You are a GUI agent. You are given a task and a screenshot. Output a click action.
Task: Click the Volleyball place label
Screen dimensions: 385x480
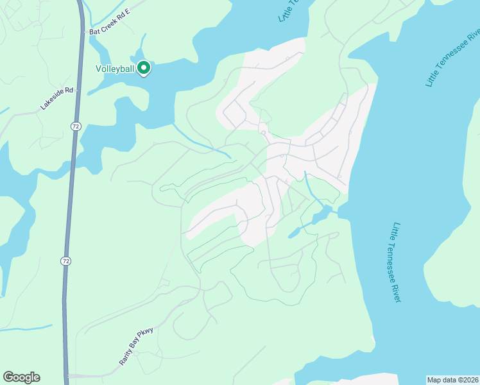point(115,69)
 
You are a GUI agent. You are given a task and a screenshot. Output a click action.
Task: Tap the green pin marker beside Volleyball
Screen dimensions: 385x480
point(144,67)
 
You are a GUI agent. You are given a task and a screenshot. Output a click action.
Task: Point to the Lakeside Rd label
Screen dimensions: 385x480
point(57,99)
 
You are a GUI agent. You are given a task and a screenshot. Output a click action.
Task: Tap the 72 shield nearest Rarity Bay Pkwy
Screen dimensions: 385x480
point(65,261)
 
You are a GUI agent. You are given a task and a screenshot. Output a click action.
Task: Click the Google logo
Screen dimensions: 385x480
point(21,377)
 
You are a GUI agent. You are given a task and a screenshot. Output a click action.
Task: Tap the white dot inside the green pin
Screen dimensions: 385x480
point(144,66)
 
